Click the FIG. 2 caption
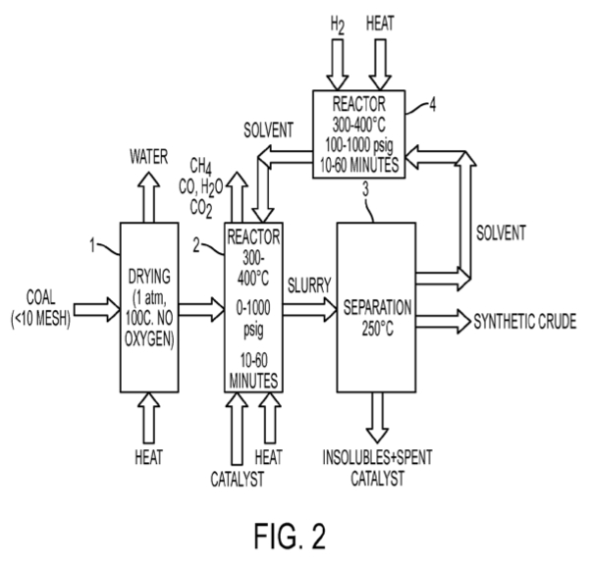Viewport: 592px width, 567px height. click(x=290, y=536)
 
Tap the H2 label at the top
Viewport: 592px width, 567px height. click(x=338, y=25)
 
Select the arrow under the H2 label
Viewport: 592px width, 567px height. click(x=338, y=64)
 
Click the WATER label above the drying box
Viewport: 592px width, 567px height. click(x=149, y=157)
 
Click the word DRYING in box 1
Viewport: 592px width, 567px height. click(x=149, y=277)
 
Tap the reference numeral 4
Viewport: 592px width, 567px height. click(x=433, y=105)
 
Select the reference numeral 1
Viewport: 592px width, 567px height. click(x=92, y=245)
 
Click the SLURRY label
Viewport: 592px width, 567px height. click(x=309, y=284)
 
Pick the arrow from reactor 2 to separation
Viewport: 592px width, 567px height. click(x=309, y=309)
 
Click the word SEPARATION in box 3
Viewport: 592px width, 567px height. click(x=377, y=307)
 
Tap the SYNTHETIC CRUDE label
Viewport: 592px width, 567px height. click(x=525, y=322)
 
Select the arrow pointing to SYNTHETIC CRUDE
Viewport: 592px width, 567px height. click(x=444, y=321)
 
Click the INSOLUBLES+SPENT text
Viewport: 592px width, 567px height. click(x=377, y=457)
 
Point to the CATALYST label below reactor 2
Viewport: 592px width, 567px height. click(x=238, y=479)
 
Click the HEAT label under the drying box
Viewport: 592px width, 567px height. click(x=149, y=457)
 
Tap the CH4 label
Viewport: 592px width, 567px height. click(x=200, y=166)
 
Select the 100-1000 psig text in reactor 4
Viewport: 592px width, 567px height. click(x=359, y=145)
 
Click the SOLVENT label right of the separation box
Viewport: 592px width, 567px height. click(x=501, y=232)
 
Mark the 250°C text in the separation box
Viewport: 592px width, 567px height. click(x=378, y=329)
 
